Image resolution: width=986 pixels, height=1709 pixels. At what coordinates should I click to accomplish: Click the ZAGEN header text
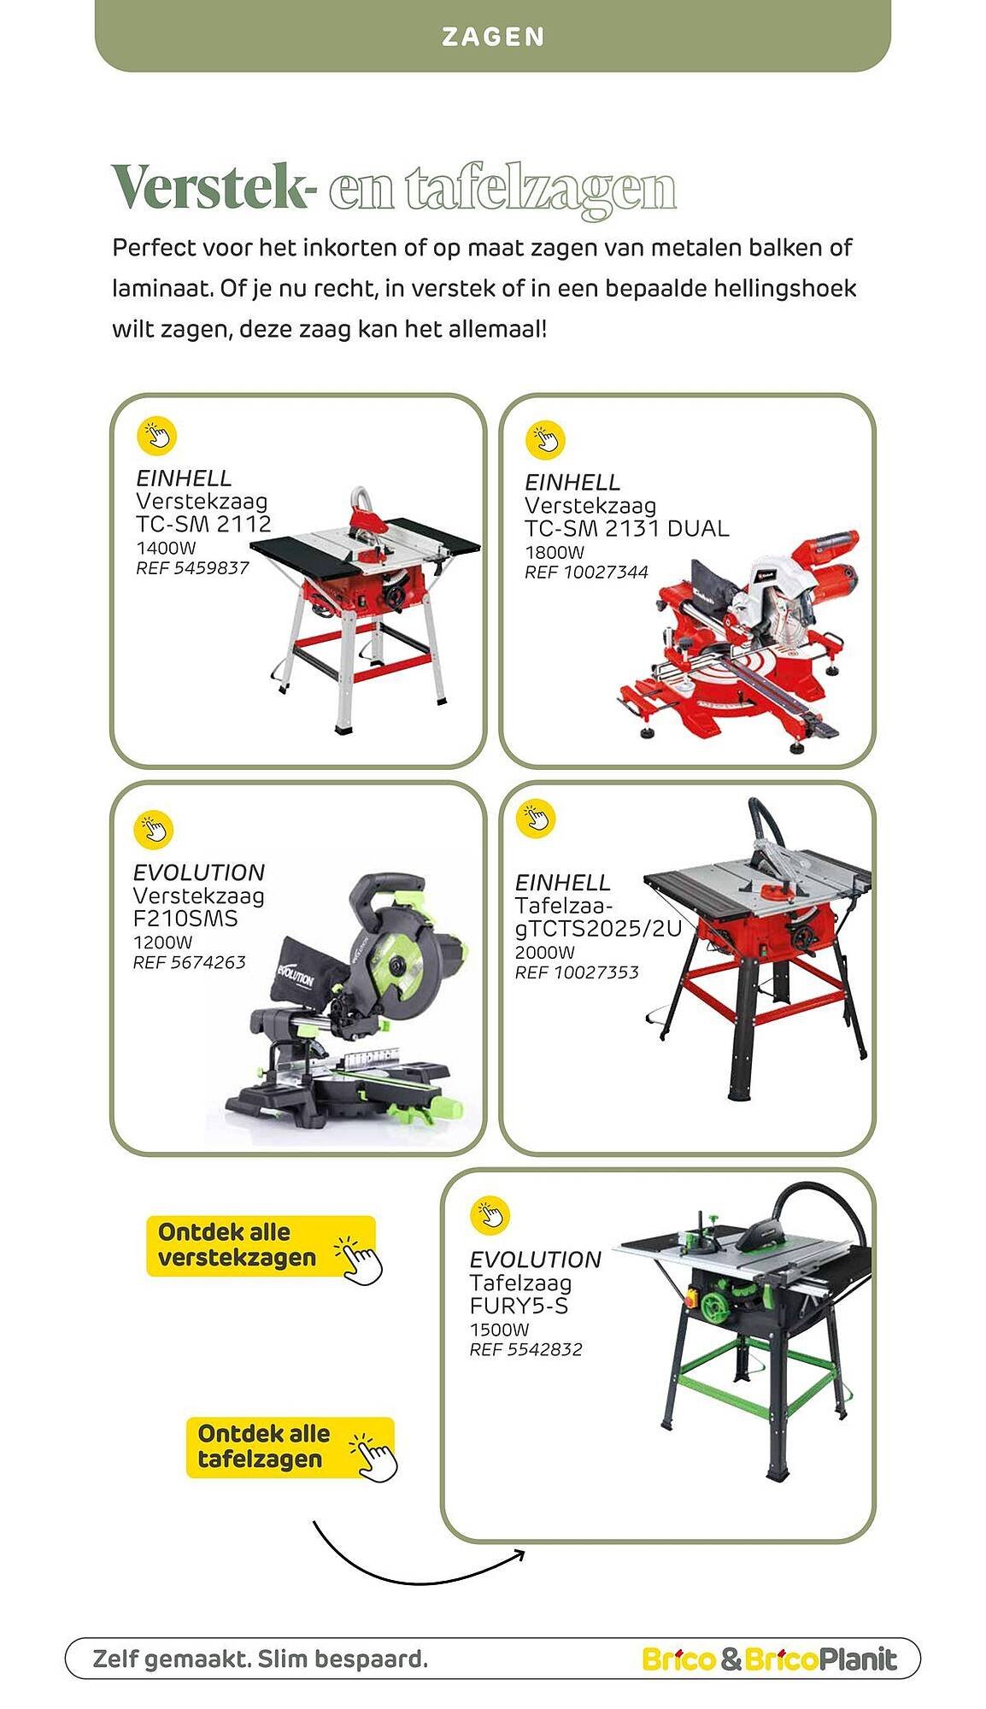493,37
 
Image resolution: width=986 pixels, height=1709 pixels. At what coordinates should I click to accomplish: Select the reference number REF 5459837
192,568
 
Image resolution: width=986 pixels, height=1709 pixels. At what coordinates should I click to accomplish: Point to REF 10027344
586,572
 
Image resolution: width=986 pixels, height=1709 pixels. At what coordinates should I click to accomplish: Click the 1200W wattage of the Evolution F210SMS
162,943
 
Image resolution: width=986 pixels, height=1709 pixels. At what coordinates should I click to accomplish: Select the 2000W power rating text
544,952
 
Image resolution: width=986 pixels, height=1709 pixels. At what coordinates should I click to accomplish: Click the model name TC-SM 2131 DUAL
626,529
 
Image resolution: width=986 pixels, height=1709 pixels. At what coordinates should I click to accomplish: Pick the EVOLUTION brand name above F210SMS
199,872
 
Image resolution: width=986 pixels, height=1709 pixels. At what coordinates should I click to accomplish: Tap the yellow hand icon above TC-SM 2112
156,436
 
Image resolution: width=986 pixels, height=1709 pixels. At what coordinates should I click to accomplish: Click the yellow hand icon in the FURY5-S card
490,1215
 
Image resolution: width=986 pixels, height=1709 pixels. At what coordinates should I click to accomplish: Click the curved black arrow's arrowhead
519,1555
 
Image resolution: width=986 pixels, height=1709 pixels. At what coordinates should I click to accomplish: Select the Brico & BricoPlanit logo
769,1659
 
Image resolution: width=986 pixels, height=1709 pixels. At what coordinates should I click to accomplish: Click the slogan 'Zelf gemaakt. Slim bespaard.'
260,1659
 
